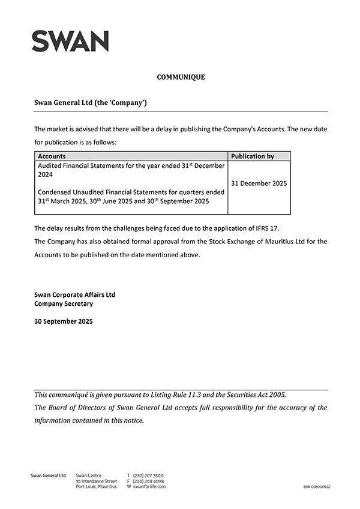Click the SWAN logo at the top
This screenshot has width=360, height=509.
70,41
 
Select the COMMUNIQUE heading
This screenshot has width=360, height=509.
181,77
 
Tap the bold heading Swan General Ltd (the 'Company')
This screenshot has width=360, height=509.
91,103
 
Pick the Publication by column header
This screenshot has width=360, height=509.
253,156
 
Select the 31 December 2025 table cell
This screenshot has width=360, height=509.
259,183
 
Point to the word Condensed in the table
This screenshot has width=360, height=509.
57,192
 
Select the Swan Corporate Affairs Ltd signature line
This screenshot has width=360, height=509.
75,295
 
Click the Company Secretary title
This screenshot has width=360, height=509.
64,304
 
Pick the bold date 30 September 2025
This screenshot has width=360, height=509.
64,321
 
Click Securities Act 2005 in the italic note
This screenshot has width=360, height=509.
253,394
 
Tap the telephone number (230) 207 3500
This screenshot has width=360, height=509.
148,475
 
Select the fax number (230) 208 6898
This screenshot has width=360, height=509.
148,481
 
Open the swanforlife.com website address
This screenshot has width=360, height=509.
149,486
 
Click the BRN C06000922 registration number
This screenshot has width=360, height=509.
317,487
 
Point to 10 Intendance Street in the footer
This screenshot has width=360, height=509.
97,481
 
